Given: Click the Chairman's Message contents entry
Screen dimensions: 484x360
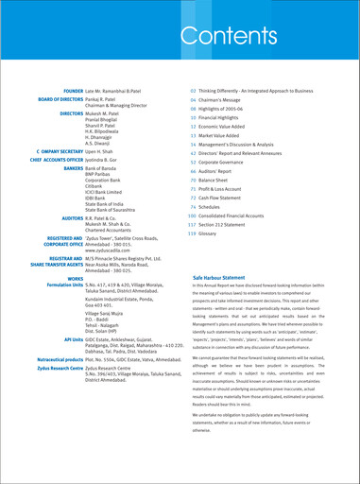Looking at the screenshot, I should tap(223, 99).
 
